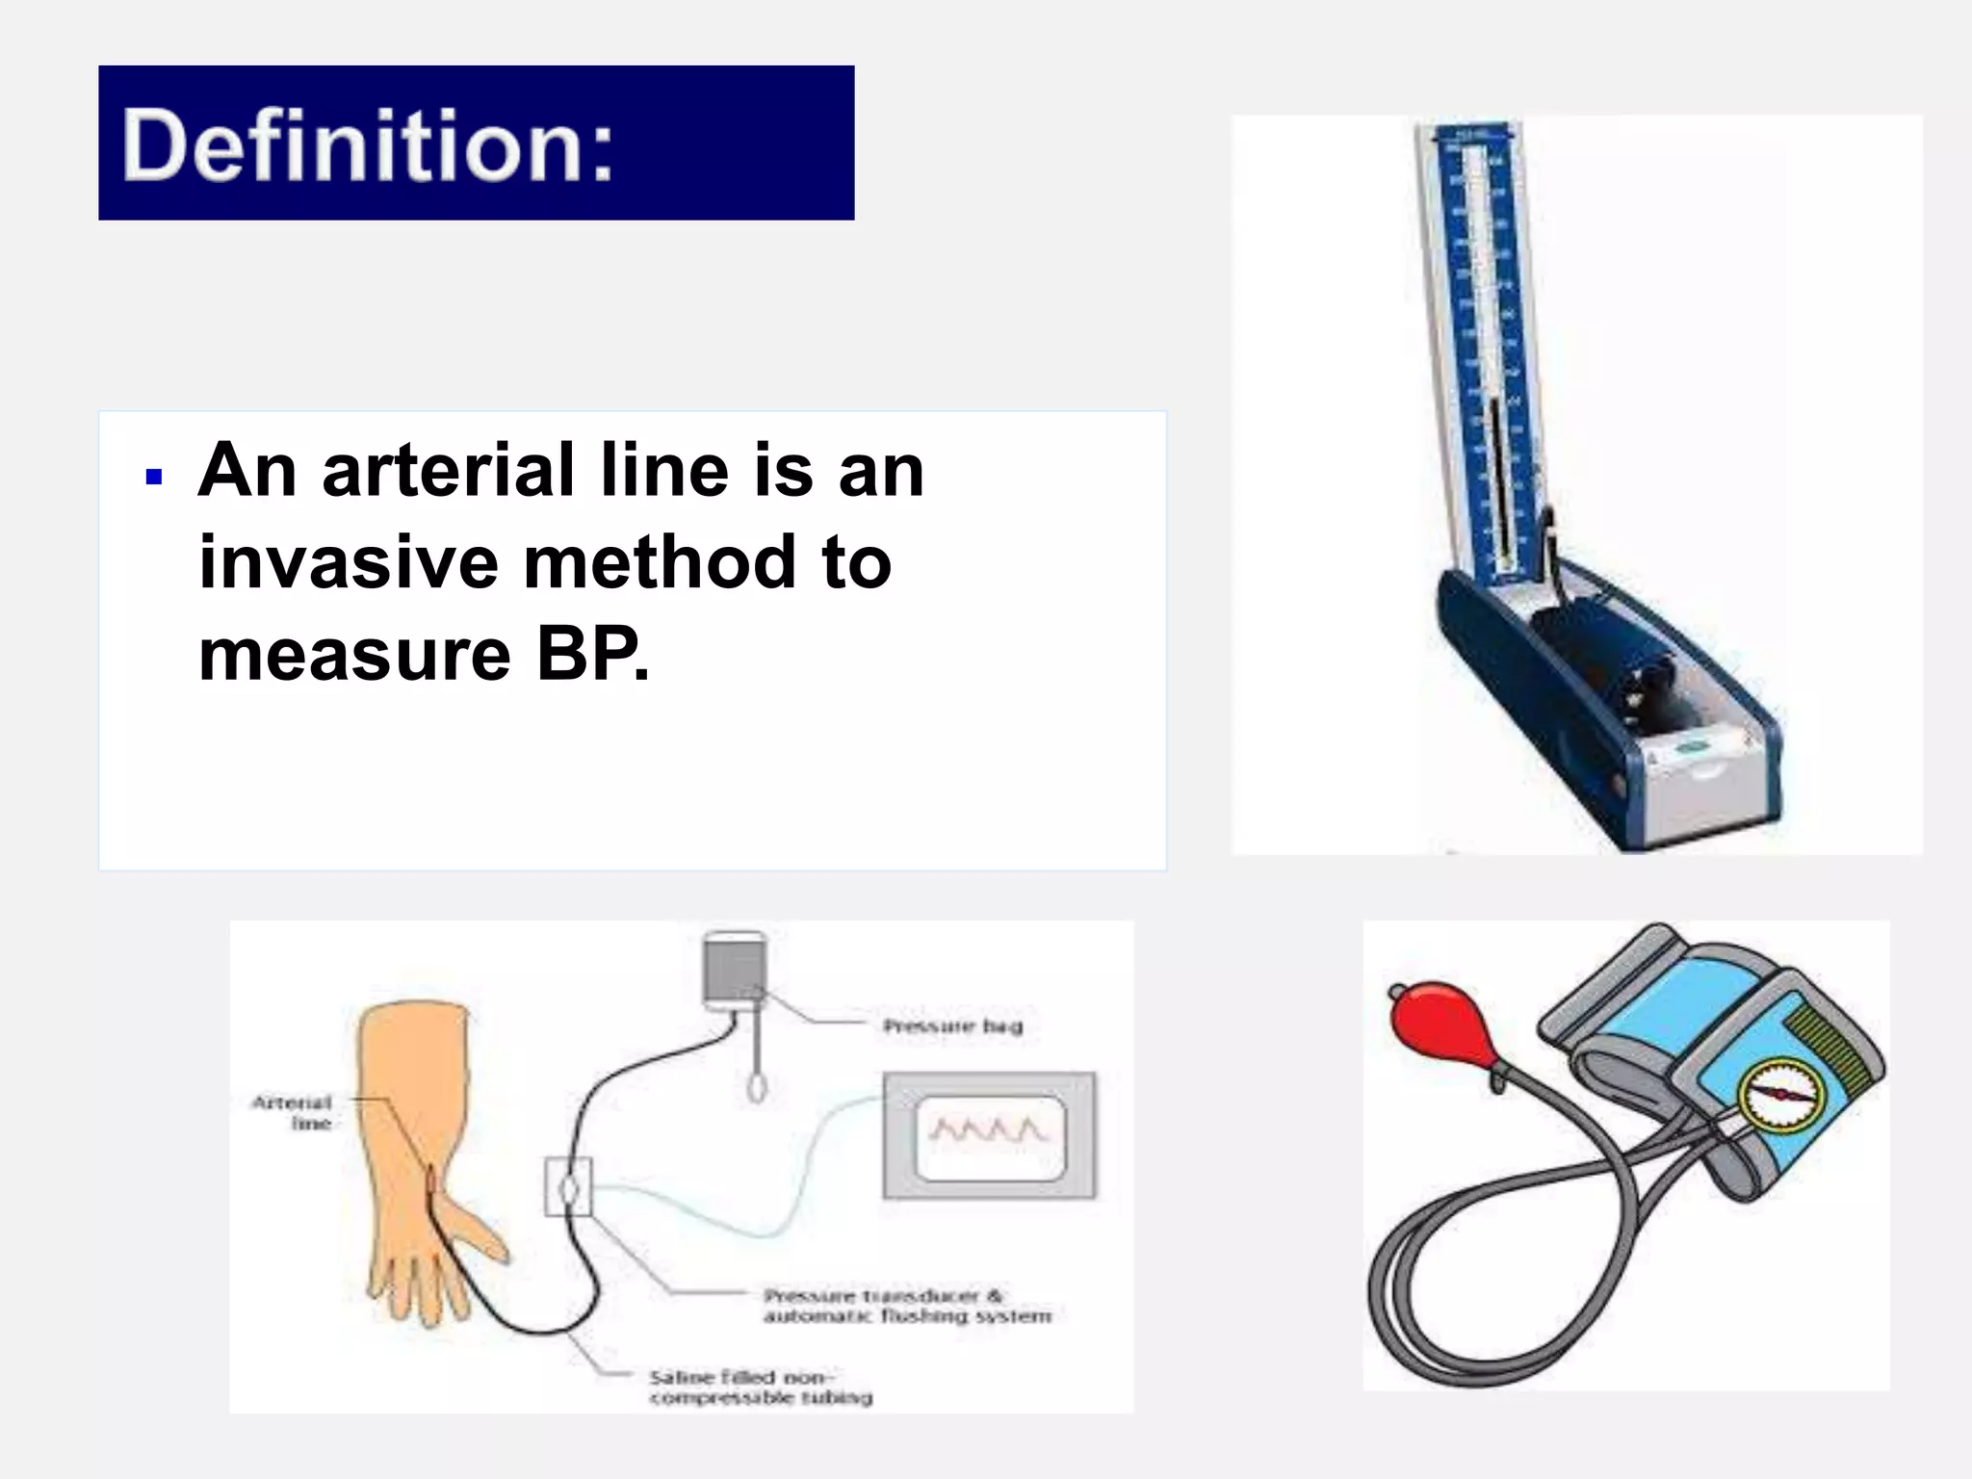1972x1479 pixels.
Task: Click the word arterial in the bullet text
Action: pos(450,471)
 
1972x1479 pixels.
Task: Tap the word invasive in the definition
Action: pos(349,562)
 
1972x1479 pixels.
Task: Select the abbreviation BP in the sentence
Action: pos(589,655)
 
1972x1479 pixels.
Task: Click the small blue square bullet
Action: pos(153,477)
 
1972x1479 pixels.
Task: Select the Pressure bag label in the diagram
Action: pos(952,1026)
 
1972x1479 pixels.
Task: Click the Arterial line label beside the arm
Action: pos(293,1112)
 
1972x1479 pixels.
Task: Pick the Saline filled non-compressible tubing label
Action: pos(760,1387)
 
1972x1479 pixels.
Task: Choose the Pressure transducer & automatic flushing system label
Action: pos(906,1306)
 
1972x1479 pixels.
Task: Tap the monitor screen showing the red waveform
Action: pos(989,1136)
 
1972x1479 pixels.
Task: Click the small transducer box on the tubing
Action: pos(568,1186)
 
